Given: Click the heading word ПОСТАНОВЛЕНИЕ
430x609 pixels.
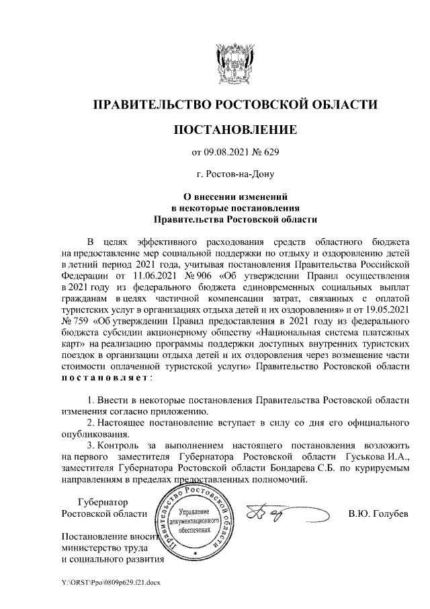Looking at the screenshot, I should click(x=234, y=129).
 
